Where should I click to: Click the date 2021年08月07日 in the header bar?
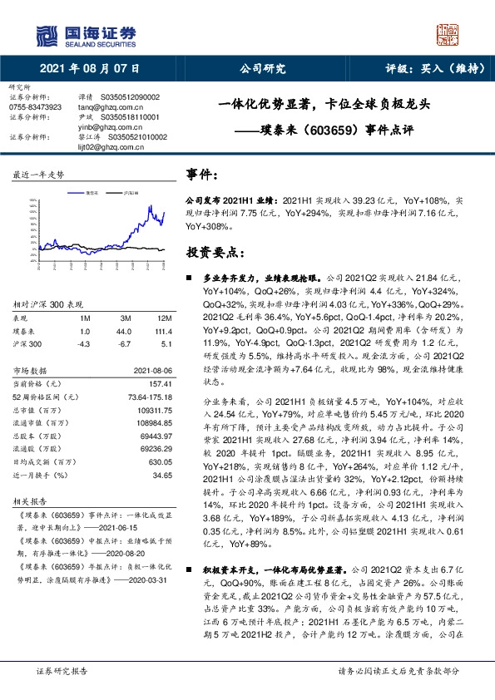click(x=89, y=68)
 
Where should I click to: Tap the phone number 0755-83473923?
click(x=35, y=107)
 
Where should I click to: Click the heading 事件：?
click(x=203, y=176)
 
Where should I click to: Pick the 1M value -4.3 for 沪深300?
click(x=83, y=343)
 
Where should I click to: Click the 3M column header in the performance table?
click(x=126, y=319)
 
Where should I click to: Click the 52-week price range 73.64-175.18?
click(x=146, y=398)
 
